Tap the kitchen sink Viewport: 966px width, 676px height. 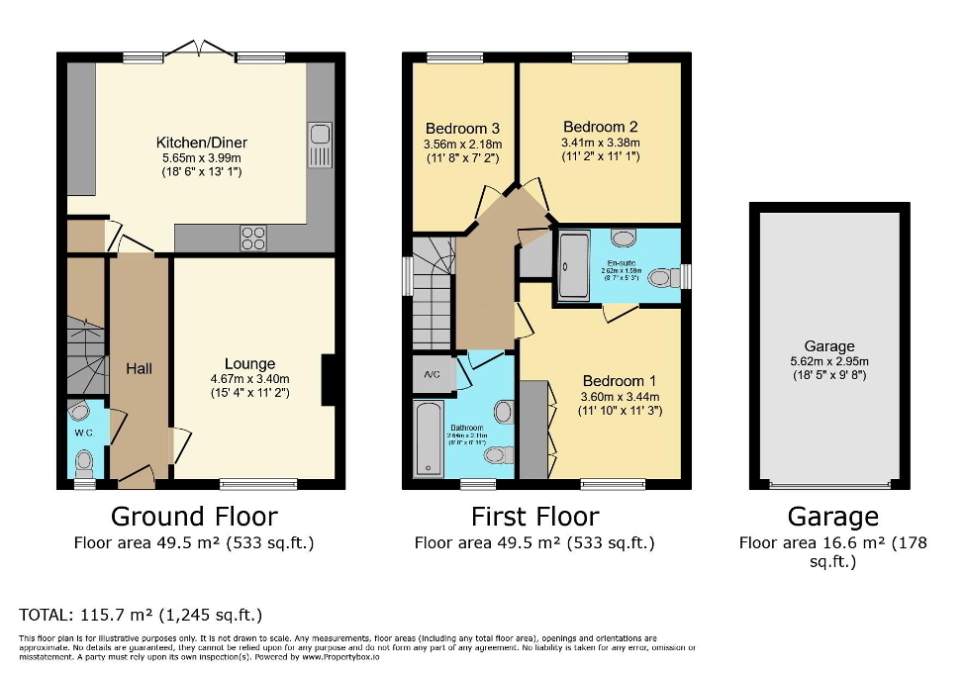tap(320, 145)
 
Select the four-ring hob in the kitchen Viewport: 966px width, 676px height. tap(253, 238)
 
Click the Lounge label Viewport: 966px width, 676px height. tap(249, 363)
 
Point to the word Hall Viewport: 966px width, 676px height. tap(139, 368)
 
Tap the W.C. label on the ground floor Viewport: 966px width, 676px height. tap(83, 433)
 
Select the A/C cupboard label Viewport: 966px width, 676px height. tap(432, 375)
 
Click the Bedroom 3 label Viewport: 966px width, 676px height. tap(462, 129)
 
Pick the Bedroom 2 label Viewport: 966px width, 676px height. tap(600, 127)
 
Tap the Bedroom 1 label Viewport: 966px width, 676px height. tap(619, 381)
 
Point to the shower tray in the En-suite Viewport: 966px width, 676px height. tap(573, 265)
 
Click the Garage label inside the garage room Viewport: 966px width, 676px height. tap(828, 346)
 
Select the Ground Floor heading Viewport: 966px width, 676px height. tap(194, 516)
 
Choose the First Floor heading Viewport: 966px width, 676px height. tap(534, 516)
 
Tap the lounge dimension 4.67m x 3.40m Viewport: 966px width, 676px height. tap(249, 378)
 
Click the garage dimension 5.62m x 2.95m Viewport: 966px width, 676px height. tap(828, 361)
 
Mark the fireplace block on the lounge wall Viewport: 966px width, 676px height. tap(330, 379)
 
